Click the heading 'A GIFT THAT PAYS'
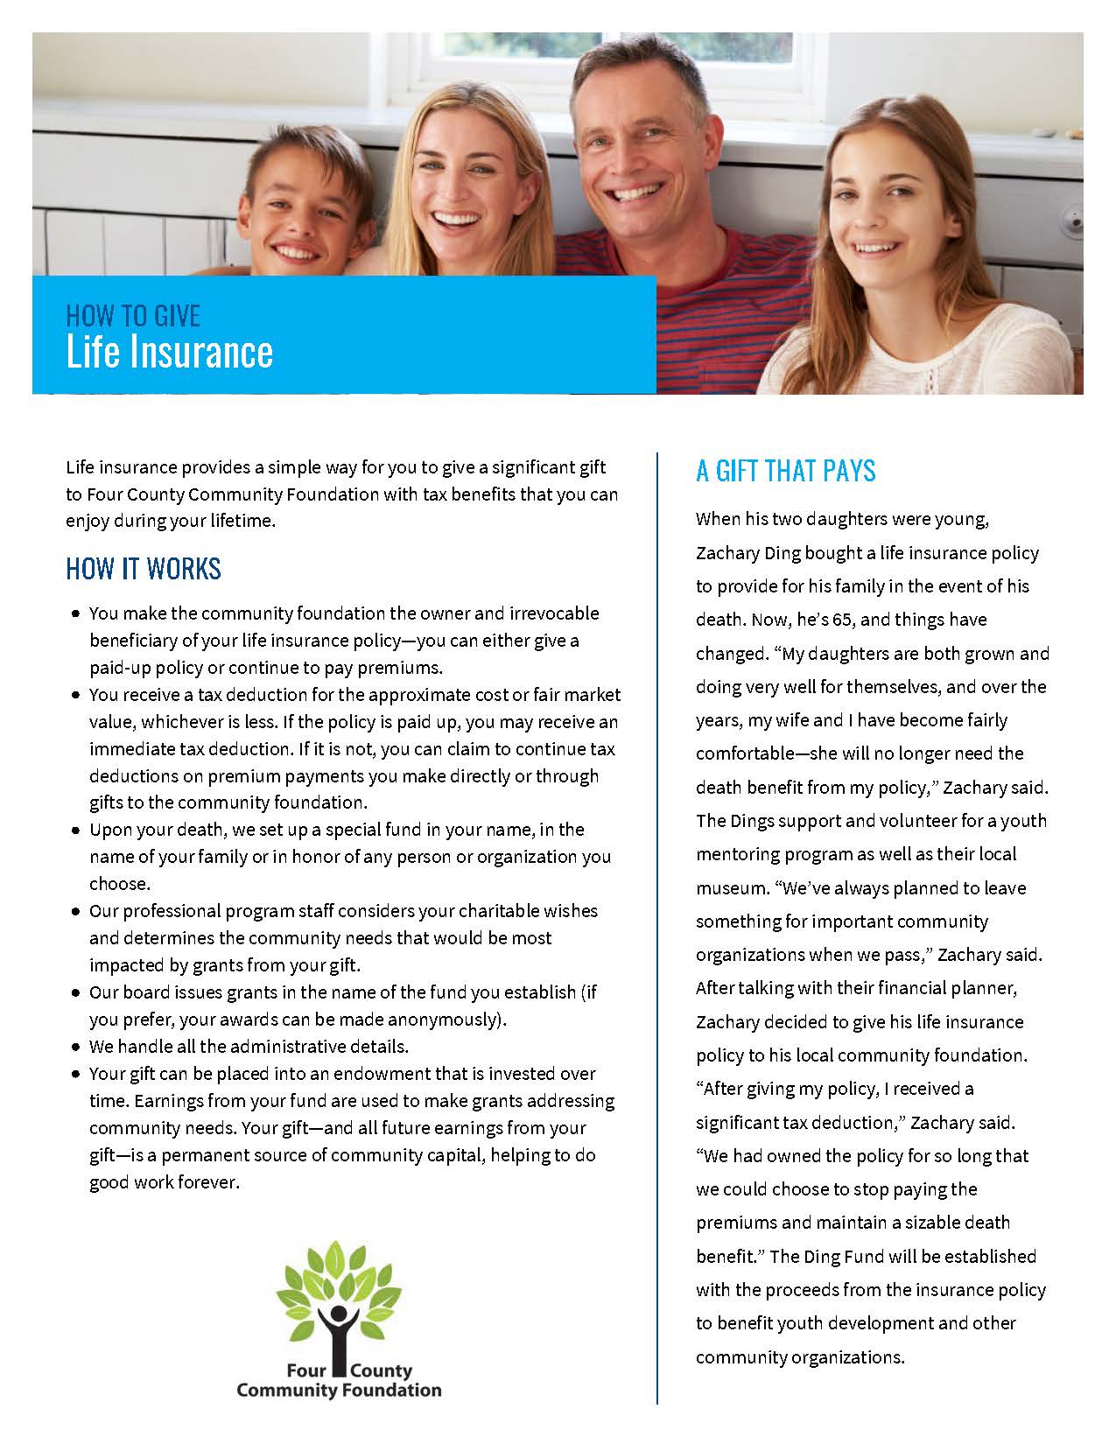click(785, 472)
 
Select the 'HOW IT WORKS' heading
click(144, 569)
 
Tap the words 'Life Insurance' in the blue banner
click(170, 352)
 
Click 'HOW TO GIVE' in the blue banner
click(133, 315)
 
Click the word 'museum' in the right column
click(731, 888)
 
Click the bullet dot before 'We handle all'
click(75, 1047)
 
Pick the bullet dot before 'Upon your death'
click(75, 830)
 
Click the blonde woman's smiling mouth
click(460, 217)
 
